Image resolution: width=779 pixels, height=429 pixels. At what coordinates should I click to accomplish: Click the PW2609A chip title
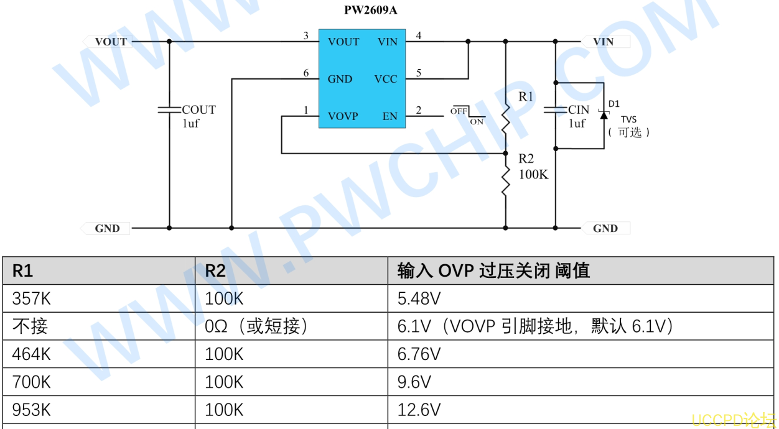(370, 10)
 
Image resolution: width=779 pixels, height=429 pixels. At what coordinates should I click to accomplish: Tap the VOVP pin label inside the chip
(343, 116)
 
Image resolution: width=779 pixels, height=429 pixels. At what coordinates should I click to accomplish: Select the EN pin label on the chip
(390, 116)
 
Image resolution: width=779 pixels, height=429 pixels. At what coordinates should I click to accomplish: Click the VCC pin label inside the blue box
(386, 79)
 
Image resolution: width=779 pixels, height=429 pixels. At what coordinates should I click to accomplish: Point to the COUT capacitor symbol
(169, 110)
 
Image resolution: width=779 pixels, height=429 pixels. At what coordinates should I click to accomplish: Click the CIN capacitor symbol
(556, 110)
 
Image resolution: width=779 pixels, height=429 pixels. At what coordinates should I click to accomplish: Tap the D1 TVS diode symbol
(604, 115)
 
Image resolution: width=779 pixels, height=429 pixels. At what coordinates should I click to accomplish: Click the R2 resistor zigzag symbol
(505, 181)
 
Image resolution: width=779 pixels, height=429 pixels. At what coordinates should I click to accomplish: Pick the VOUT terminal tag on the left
(108, 42)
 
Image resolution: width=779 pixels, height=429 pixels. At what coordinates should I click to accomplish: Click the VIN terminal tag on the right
(605, 42)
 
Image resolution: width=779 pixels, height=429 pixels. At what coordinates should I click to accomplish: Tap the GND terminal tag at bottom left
(105, 228)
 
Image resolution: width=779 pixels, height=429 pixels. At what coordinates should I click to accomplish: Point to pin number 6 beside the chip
(306, 73)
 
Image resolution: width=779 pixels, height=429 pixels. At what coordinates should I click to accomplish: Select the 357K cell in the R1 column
(31, 298)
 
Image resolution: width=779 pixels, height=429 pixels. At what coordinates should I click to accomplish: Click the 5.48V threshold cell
(419, 298)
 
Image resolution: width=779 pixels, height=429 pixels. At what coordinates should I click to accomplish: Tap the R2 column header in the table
(215, 270)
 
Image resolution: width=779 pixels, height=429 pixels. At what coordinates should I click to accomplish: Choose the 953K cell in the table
(31, 410)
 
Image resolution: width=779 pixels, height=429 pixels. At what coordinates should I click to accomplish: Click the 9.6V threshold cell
(414, 382)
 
